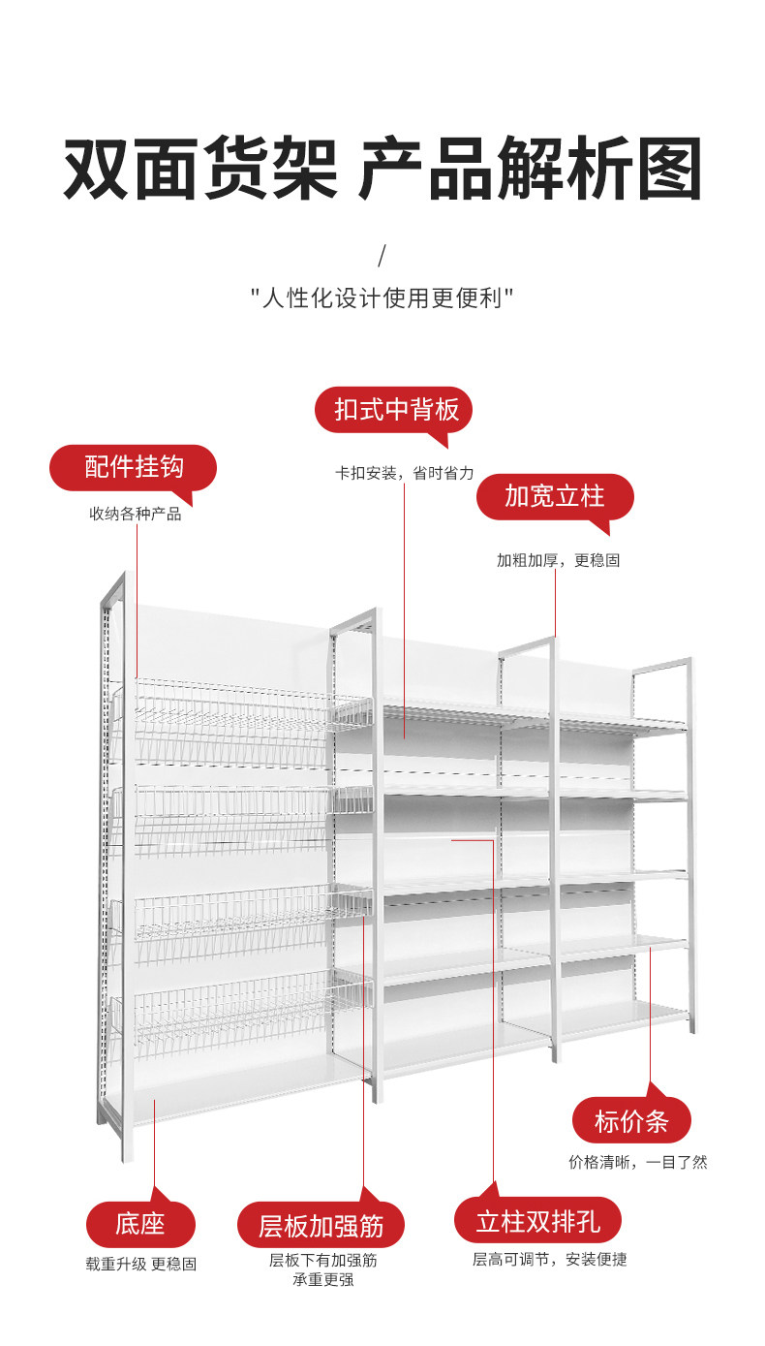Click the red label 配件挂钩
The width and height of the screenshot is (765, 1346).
coord(134,467)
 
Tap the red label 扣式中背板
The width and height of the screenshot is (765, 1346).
coord(396,410)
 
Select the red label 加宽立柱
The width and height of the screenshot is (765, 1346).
coord(554,497)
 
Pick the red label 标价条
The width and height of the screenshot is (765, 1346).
coord(631,1122)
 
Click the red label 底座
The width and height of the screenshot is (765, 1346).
coord(140,1224)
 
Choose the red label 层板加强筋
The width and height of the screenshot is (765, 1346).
coord(321,1227)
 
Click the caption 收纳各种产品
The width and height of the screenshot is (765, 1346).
coord(136,514)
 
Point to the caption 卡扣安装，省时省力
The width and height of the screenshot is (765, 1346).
coord(405,474)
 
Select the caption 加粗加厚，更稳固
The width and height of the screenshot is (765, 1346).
coord(558,560)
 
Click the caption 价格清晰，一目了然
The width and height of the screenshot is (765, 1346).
coord(637,1162)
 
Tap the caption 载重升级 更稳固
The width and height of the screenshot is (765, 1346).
coord(141,1264)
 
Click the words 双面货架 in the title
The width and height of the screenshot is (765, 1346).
coord(199,170)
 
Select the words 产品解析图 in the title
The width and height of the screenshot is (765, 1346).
coord(530,170)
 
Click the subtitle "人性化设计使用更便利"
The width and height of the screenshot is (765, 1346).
coord(382,297)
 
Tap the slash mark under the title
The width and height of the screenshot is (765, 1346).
coord(382,257)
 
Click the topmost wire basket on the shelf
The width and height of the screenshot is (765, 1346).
coord(242,722)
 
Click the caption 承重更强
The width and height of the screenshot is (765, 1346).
coord(322,1280)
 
